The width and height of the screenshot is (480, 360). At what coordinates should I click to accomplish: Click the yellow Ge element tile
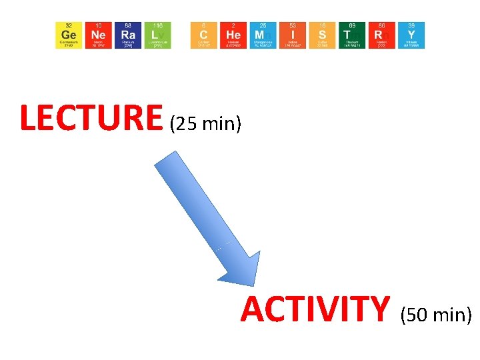69,35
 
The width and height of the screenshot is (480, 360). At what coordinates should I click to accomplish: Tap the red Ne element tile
99,35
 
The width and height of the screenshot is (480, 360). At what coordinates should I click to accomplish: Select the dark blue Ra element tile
128,35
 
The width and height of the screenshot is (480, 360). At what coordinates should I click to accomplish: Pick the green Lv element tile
157,35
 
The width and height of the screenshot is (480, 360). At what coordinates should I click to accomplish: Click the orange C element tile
204,35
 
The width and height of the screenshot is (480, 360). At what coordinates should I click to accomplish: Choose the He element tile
233,35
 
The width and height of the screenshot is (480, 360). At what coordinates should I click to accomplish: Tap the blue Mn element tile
263,35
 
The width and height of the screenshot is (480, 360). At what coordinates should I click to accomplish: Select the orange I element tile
293,35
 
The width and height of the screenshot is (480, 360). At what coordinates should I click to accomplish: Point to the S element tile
323,35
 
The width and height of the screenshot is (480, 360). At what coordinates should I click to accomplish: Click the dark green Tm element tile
352,35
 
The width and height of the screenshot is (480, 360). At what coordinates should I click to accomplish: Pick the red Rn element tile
382,35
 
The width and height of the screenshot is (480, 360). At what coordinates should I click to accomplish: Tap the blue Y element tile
411,35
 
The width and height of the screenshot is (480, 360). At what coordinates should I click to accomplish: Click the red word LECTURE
91,118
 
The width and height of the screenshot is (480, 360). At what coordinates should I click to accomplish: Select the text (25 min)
205,123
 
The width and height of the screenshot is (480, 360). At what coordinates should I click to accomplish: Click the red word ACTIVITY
315,309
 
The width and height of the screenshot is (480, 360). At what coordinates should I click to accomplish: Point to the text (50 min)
436,314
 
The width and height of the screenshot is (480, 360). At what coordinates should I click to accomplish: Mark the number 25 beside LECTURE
185,123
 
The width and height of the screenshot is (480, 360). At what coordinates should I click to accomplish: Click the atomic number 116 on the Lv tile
157,25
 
